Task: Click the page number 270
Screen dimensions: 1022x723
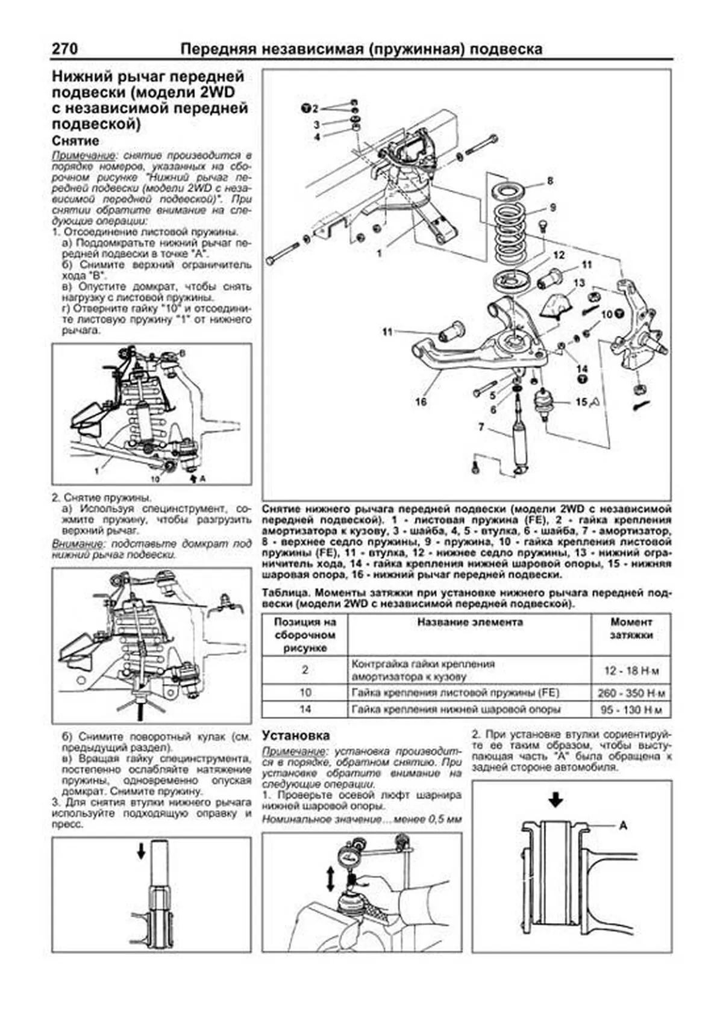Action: tap(64, 49)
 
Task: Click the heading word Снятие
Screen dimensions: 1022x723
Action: tap(75, 141)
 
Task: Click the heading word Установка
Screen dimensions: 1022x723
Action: tap(296, 735)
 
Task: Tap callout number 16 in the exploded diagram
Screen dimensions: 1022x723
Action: tap(421, 401)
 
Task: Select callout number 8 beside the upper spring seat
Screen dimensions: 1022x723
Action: tap(549, 181)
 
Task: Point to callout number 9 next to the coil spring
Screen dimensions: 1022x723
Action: tap(552, 208)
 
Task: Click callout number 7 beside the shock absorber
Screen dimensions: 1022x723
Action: tap(481, 427)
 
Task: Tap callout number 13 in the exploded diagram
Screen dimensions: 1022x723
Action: tap(579, 282)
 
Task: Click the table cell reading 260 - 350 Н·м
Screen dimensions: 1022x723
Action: tap(630, 693)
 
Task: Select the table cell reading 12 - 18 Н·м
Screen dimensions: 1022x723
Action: tap(630, 670)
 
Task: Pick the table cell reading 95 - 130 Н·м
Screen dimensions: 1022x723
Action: tap(630, 710)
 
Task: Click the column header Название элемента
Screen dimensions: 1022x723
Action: tap(470, 622)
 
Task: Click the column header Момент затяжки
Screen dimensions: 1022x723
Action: tap(631, 628)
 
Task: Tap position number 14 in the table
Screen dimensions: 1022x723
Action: tap(305, 709)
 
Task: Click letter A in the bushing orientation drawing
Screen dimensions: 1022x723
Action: tap(623, 826)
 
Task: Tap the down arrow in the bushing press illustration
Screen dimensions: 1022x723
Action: tap(140, 852)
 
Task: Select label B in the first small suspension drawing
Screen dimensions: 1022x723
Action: tap(183, 352)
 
